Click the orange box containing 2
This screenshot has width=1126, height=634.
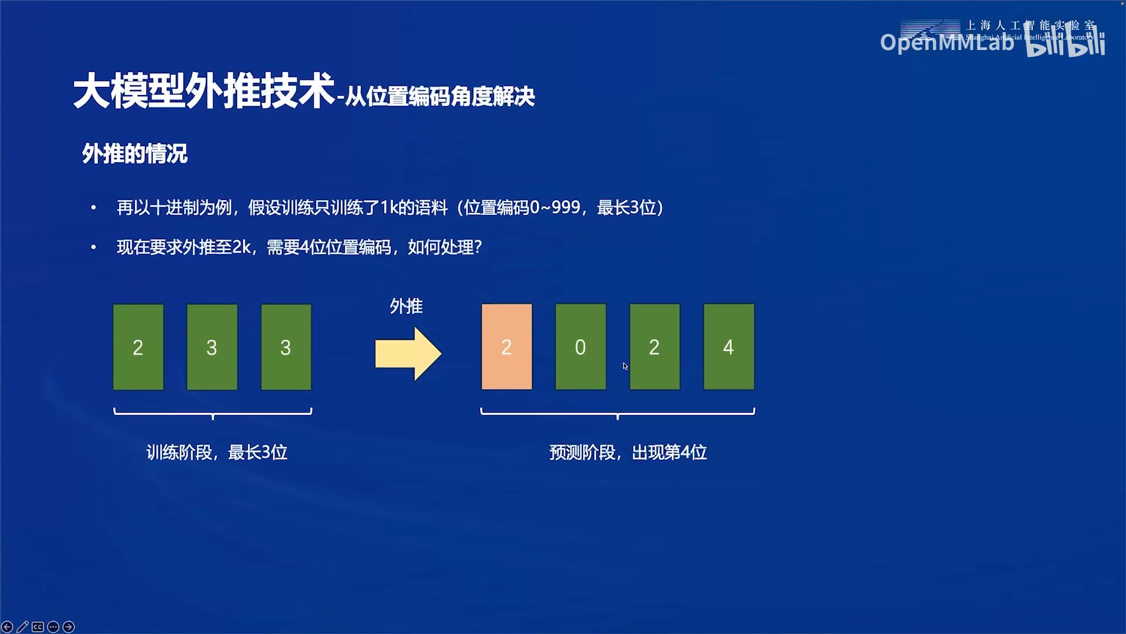click(x=507, y=346)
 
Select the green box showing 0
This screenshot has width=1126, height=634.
click(x=581, y=346)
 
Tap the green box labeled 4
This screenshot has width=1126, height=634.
click(x=728, y=346)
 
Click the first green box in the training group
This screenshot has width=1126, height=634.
click(x=138, y=347)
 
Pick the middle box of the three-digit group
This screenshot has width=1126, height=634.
click(x=212, y=347)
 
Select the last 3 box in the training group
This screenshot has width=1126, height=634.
click(x=286, y=347)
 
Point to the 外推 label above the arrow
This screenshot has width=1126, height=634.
click(x=406, y=306)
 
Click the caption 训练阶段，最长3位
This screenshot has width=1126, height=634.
click(x=216, y=452)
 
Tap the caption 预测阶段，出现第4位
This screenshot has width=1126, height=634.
click(x=628, y=452)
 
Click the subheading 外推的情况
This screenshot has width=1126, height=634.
click(x=134, y=154)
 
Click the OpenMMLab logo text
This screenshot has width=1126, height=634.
click(x=947, y=42)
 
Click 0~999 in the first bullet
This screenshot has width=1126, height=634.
click(x=555, y=207)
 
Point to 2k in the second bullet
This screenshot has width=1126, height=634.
click(x=242, y=247)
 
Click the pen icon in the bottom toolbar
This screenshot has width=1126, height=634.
click(x=22, y=627)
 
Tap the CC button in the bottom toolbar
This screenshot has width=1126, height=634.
click(x=38, y=627)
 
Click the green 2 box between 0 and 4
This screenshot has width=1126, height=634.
click(x=654, y=346)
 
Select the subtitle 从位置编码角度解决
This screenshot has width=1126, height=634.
click(x=440, y=97)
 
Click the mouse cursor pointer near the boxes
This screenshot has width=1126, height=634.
click(x=625, y=366)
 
